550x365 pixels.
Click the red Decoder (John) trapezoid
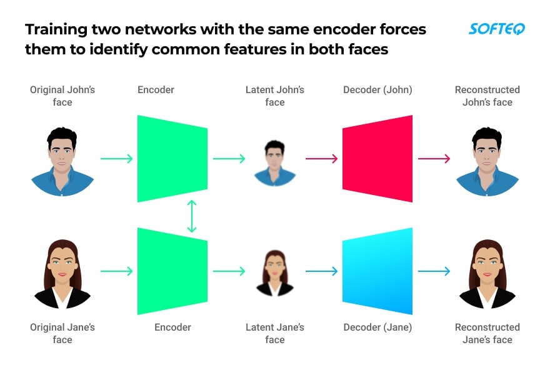point(378,159)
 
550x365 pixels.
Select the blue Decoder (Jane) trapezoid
point(378,271)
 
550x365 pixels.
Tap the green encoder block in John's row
point(172,159)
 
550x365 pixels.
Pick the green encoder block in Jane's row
point(172,271)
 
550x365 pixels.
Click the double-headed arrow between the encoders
point(192,216)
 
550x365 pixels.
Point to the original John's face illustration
point(62,161)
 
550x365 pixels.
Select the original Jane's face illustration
point(62,274)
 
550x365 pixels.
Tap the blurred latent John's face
point(274,162)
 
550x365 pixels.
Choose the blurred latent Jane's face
point(274,273)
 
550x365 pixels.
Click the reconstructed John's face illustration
point(487,161)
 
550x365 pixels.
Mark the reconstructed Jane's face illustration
point(487,274)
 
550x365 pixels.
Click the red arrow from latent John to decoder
point(321,159)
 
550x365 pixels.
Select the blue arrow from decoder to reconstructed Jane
point(434,271)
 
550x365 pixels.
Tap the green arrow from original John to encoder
point(116,159)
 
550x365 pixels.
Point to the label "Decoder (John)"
point(377,90)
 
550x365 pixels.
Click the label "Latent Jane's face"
point(275,333)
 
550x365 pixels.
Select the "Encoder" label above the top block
point(156,90)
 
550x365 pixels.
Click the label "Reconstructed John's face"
point(487,96)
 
